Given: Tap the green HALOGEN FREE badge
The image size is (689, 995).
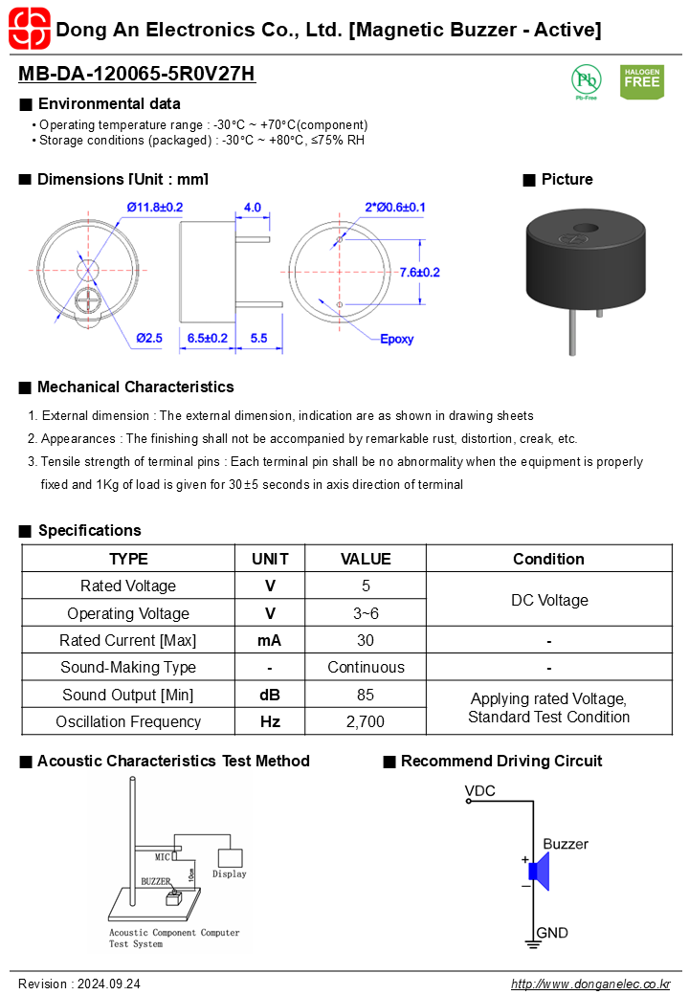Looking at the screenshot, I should click(641, 81).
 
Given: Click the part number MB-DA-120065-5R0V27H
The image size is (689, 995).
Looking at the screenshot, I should click(137, 75).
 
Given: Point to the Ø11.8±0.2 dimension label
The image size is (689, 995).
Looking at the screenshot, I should click(154, 207).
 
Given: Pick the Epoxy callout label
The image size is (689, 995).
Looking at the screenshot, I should click(396, 340).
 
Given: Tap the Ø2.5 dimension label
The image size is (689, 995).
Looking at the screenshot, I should click(149, 338).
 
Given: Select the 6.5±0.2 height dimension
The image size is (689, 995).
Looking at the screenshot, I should click(208, 338).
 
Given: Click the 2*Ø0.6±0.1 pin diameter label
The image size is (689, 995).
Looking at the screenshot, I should click(395, 207).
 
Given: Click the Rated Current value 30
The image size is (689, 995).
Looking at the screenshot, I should click(366, 640).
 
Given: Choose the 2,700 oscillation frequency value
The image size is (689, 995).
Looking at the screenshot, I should click(366, 721).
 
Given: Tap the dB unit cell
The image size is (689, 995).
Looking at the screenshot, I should click(270, 695).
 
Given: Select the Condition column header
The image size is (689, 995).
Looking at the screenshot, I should click(548, 559).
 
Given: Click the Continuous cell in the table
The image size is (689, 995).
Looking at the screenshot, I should click(366, 667).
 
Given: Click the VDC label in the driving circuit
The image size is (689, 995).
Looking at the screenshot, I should click(479, 790).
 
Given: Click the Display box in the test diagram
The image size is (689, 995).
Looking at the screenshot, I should click(230, 859).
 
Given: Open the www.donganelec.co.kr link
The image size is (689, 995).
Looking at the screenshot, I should click(590, 984).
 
